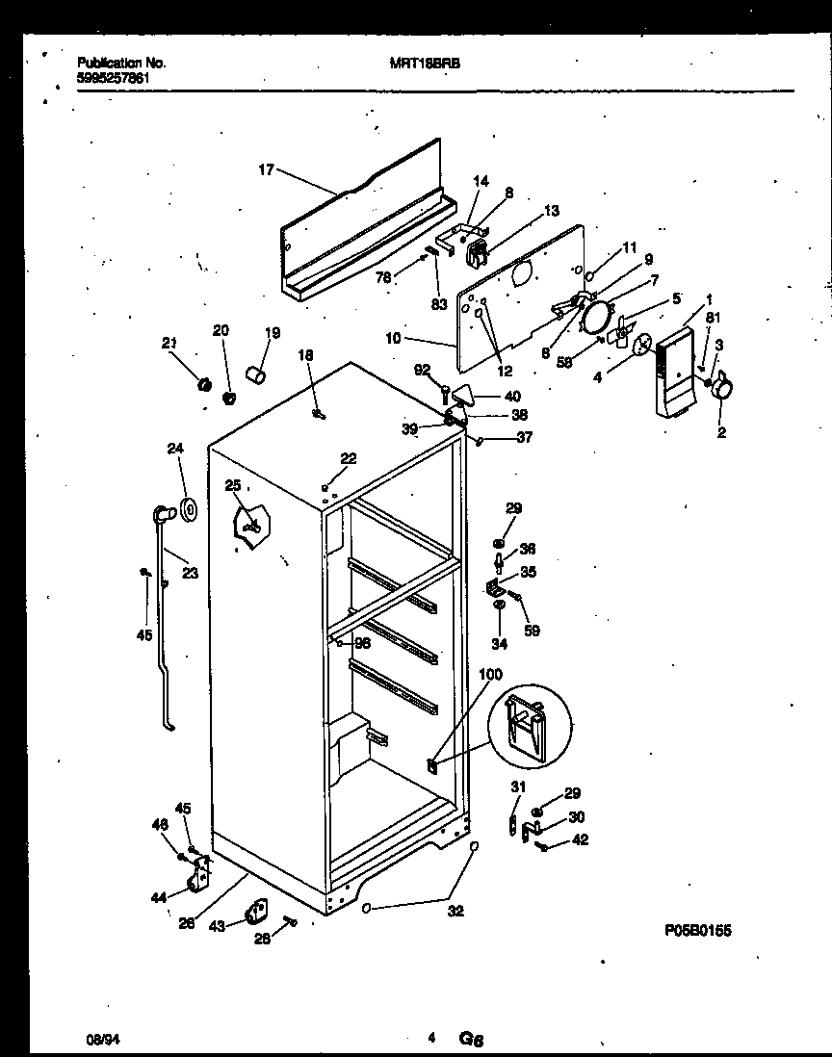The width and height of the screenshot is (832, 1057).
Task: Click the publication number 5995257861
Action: click(x=113, y=77)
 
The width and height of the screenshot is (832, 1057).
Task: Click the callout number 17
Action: click(x=267, y=170)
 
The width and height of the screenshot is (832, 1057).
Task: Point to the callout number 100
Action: click(x=489, y=676)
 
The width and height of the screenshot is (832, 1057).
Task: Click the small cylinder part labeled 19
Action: click(x=256, y=373)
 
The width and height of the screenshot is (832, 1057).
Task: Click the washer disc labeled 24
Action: click(x=187, y=506)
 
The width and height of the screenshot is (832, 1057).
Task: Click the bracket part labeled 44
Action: click(x=200, y=875)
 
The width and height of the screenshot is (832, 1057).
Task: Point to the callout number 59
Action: click(x=532, y=631)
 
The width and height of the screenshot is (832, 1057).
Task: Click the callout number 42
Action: click(x=580, y=839)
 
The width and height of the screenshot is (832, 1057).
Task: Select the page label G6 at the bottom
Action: click(x=471, y=1039)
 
